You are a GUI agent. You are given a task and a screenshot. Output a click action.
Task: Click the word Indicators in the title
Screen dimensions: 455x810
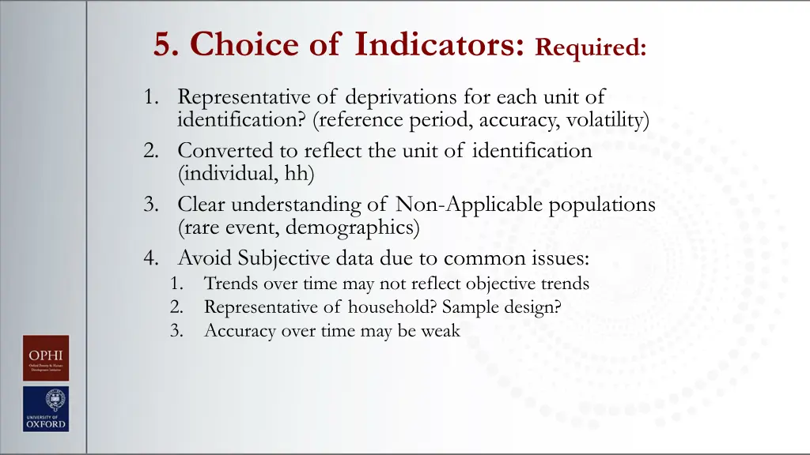[x=440, y=44]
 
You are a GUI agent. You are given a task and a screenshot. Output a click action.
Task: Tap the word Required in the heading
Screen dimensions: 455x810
[x=590, y=47]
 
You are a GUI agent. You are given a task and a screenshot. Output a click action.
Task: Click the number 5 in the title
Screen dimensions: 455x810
[x=164, y=45]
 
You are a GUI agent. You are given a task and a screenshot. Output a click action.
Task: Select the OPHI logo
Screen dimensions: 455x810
[x=45, y=358]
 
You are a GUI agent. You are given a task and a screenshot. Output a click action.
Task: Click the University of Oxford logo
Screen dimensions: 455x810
[x=45, y=408]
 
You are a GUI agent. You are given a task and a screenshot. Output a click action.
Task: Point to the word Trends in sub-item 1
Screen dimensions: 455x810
[x=226, y=283]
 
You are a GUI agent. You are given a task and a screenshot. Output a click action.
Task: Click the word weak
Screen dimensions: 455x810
[x=441, y=331]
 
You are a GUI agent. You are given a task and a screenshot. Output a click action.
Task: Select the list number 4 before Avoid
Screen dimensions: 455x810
[x=150, y=258]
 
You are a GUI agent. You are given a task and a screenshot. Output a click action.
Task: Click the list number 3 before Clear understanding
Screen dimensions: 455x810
[x=150, y=205]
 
